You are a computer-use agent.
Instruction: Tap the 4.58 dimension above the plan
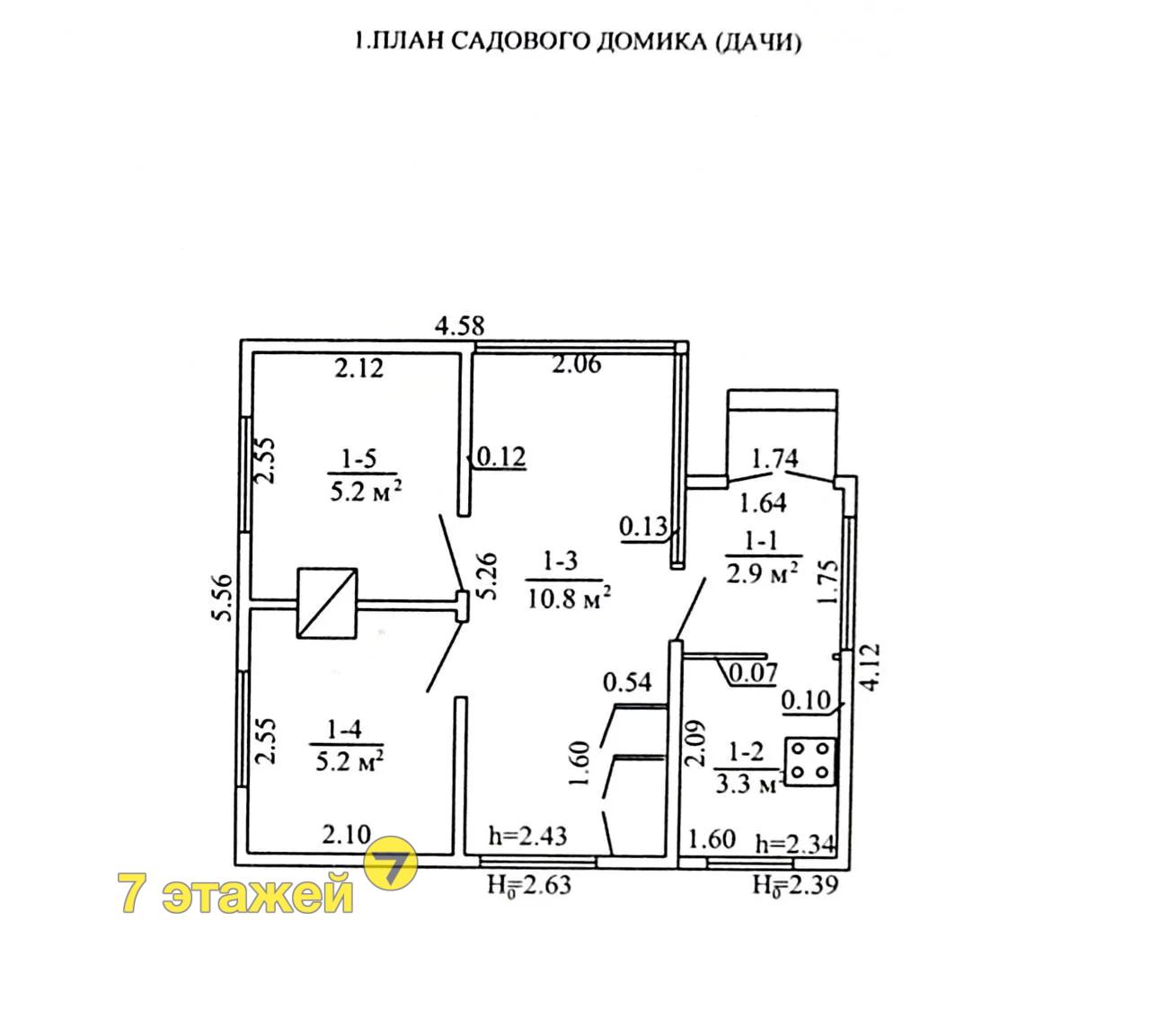pyautogui.click(x=459, y=326)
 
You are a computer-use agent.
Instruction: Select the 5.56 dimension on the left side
pyautogui.click(x=223, y=598)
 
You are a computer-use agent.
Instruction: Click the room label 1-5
pyautogui.click(x=359, y=459)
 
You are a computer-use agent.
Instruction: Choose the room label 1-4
pyautogui.click(x=344, y=730)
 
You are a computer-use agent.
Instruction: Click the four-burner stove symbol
pyautogui.click(x=810, y=762)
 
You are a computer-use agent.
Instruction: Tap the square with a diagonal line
pyautogui.click(x=327, y=602)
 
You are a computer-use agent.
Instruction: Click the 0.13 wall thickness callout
pyautogui.click(x=643, y=527)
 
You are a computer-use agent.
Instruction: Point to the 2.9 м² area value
pyautogui.click(x=762, y=574)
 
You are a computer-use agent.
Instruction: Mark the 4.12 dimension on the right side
pyautogui.click(x=871, y=667)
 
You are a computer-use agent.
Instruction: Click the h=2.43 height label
pyautogui.click(x=528, y=836)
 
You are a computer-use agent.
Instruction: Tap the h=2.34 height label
pyautogui.click(x=796, y=845)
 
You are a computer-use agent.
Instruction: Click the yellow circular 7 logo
pyautogui.click(x=391, y=863)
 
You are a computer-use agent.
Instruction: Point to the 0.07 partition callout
pyautogui.click(x=753, y=673)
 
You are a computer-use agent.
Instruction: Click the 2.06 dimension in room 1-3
pyautogui.click(x=577, y=364)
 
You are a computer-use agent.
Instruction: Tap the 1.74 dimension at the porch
pyautogui.click(x=775, y=457)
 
